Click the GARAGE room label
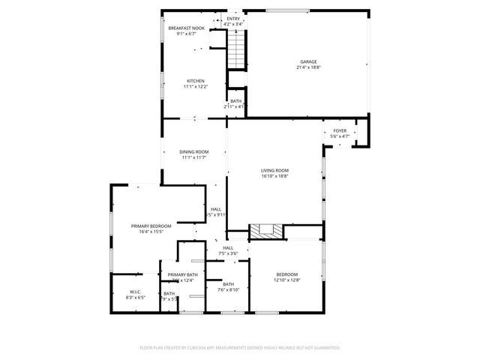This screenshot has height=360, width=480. click(x=308, y=61)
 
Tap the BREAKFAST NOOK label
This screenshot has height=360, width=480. click(x=186, y=28)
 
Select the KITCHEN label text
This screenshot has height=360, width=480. click(x=196, y=81)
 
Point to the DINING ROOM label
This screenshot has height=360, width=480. click(x=193, y=152)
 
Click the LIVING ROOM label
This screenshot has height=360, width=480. click(x=274, y=170)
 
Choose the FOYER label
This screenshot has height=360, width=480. click(x=340, y=130)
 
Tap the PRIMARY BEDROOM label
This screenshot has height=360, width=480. click(x=151, y=226)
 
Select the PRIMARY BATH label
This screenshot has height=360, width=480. click(x=182, y=274)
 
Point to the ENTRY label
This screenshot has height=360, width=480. click(x=234, y=19)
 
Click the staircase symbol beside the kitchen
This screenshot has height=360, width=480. click(x=237, y=50)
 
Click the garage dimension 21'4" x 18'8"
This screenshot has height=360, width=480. click(x=308, y=67)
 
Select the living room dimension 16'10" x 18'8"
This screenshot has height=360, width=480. click(x=274, y=176)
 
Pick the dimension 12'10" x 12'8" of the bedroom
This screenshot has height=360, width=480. click(x=286, y=280)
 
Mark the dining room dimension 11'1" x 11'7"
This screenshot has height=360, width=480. click(x=193, y=157)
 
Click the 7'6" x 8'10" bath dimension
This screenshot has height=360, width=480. click(x=228, y=289)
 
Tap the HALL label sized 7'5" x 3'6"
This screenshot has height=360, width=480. click(x=228, y=247)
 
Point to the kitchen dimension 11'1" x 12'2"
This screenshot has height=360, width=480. click(x=196, y=87)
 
